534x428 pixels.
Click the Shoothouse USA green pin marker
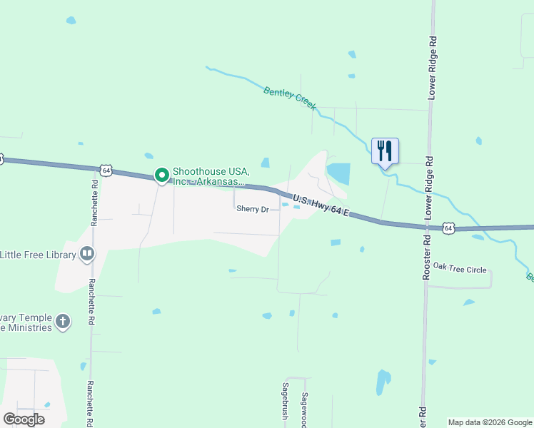tap(162, 175)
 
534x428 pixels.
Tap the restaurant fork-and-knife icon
tap(385, 151)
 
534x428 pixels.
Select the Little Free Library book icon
tap(86, 254)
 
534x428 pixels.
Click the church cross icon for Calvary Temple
tap(63, 322)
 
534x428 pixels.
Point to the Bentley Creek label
tap(289, 98)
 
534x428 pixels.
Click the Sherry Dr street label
tap(253, 209)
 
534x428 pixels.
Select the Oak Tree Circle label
tap(460, 269)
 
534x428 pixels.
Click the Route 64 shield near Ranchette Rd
tap(106, 170)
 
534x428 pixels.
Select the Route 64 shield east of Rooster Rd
tap(448, 228)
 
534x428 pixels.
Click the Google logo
tap(24, 419)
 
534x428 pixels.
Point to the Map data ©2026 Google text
tap(490, 422)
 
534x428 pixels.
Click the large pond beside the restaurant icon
tap(338, 173)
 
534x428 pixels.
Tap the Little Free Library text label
tap(38, 254)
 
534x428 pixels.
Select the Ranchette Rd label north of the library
tap(94, 203)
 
